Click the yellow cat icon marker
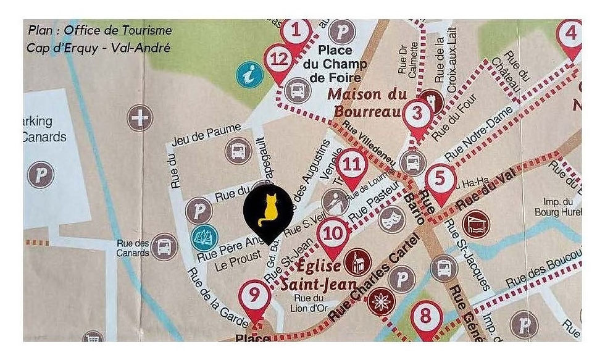(x=268, y=210)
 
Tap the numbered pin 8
(x=426, y=316)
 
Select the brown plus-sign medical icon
(x=141, y=117)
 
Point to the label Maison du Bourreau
(x=367, y=103)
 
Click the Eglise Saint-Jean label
(x=319, y=275)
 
